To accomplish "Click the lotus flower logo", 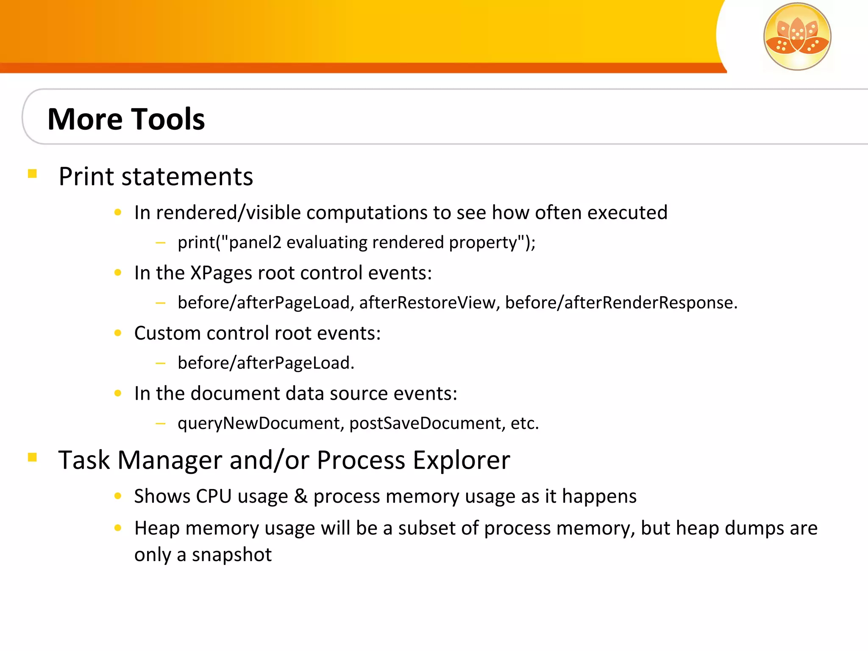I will (797, 36).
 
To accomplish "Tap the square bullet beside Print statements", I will (33, 174).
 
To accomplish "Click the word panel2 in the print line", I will (255, 242).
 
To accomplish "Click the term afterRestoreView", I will (427, 303).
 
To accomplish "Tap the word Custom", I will (167, 333).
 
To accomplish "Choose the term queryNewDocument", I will (259, 423).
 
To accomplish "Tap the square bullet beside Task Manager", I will (33, 457).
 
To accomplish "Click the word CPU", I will (214, 496).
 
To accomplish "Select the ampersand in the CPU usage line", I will (300, 496).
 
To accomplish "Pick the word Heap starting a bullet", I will (157, 529).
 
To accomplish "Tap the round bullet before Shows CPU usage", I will (118, 496).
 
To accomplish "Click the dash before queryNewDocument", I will (160, 423).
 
